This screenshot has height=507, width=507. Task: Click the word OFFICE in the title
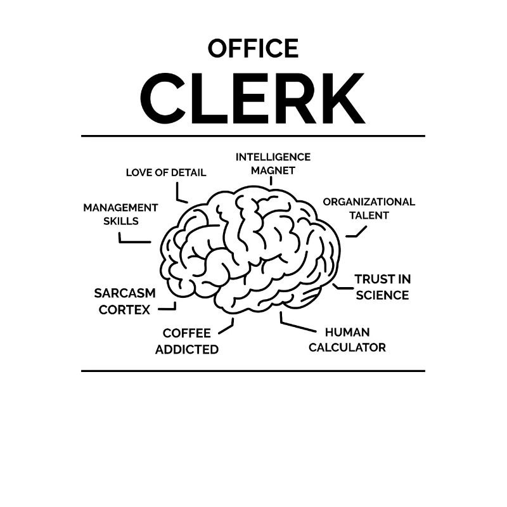[x=253, y=49]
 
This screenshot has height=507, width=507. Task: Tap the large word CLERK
[x=252, y=98]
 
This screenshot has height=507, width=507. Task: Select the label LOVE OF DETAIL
[x=166, y=172]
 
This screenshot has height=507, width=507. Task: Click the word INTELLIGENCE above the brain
[x=273, y=157]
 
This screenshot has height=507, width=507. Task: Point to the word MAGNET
[x=273, y=170]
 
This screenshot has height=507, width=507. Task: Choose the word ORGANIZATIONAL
[x=369, y=202]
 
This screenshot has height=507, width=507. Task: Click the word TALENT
[x=369, y=215]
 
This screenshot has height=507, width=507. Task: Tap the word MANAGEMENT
[x=120, y=208]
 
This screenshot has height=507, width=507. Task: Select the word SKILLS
[x=121, y=221]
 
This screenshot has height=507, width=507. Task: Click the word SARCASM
[x=125, y=293]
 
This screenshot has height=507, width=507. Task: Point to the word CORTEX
[x=124, y=310]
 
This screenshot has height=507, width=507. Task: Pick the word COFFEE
[x=186, y=333]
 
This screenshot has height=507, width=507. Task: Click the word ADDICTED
[x=187, y=350]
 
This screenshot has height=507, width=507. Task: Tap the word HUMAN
[x=347, y=332]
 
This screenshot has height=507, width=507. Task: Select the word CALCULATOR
[x=347, y=347]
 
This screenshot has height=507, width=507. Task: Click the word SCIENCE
[x=383, y=295]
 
